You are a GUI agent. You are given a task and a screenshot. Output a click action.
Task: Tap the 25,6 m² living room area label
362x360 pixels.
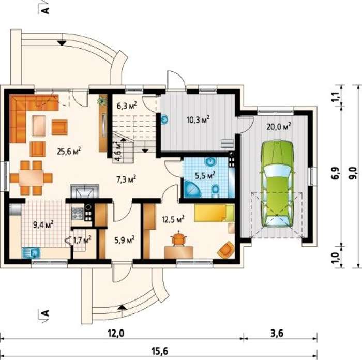(x=69, y=151)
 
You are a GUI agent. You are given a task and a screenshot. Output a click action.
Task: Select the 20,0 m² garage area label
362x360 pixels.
(x=278, y=126)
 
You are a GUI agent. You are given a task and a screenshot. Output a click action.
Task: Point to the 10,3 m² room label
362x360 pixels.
(x=198, y=119)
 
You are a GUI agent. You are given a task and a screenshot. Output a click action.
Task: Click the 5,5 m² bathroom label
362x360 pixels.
(x=205, y=175)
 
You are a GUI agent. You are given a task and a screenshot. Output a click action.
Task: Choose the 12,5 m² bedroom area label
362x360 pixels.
(x=173, y=219)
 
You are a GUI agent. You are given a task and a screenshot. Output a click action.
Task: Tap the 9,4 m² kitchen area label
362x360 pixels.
(x=43, y=224)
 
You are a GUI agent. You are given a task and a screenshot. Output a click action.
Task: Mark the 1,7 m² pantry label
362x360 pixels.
(x=82, y=240)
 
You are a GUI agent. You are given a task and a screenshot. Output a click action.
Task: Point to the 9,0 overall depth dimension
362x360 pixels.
(x=353, y=173)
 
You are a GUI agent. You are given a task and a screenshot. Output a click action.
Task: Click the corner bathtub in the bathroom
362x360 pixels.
(x=192, y=189)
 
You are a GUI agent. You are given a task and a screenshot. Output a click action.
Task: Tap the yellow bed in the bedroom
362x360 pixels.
(x=214, y=213)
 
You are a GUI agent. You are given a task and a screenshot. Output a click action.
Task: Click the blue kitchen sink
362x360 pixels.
(x=31, y=252)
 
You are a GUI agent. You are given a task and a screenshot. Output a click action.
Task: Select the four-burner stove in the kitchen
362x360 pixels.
(x=77, y=214)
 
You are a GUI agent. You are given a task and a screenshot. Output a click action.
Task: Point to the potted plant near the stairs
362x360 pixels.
(x=102, y=101)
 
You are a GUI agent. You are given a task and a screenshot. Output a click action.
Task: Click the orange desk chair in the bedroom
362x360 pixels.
(x=178, y=238)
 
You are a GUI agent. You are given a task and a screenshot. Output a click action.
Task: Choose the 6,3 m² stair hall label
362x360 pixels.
(x=127, y=106)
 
